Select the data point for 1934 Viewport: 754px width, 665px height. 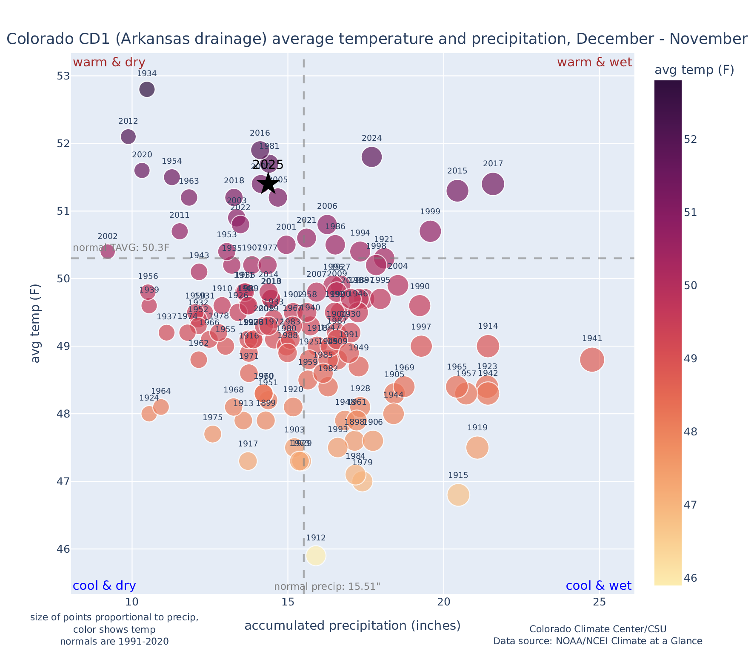click(147, 89)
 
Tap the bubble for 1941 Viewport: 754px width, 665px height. click(592, 360)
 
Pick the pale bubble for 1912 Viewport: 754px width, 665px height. click(316, 556)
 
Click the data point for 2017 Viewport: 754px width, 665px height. click(493, 184)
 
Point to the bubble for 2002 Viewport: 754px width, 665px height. click(108, 251)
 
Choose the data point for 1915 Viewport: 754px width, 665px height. click(458, 495)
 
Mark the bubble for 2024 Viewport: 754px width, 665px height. click(371, 157)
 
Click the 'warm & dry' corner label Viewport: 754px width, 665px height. click(109, 63)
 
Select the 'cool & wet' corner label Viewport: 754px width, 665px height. click(598, 586)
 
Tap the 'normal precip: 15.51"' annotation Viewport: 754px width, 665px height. click(327, 587)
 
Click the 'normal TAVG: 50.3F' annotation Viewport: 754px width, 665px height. click(121, 248)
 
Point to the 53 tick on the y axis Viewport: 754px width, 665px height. click(63, 76)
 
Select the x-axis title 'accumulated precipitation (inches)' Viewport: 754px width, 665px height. click(352, 625)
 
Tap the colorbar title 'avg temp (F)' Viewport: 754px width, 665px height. click(694, 70)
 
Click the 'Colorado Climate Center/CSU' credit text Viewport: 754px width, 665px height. click(597, 629)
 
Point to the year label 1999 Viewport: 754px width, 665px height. click(430, 212)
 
